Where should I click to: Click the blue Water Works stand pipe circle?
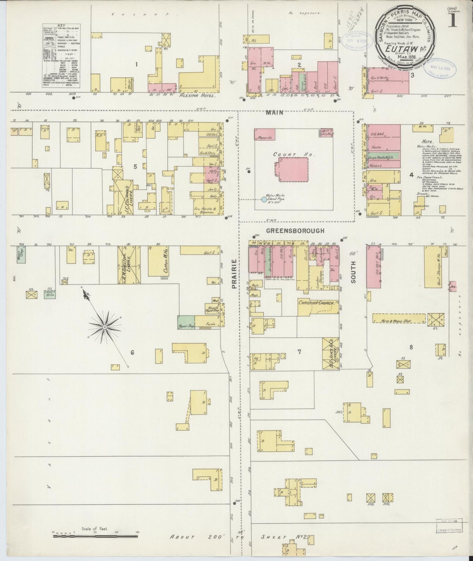[x=264, y=199]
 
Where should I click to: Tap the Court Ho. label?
[x=285, y=154]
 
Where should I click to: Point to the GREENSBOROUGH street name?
[x=295, y=231]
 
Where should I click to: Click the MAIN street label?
[x=274, y=113]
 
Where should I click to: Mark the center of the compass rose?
[x=104, y=326]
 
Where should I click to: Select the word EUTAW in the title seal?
[x=398, y=49]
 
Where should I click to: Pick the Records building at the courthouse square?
[x=265, y=135]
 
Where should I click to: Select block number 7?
[x=299, y=352]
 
